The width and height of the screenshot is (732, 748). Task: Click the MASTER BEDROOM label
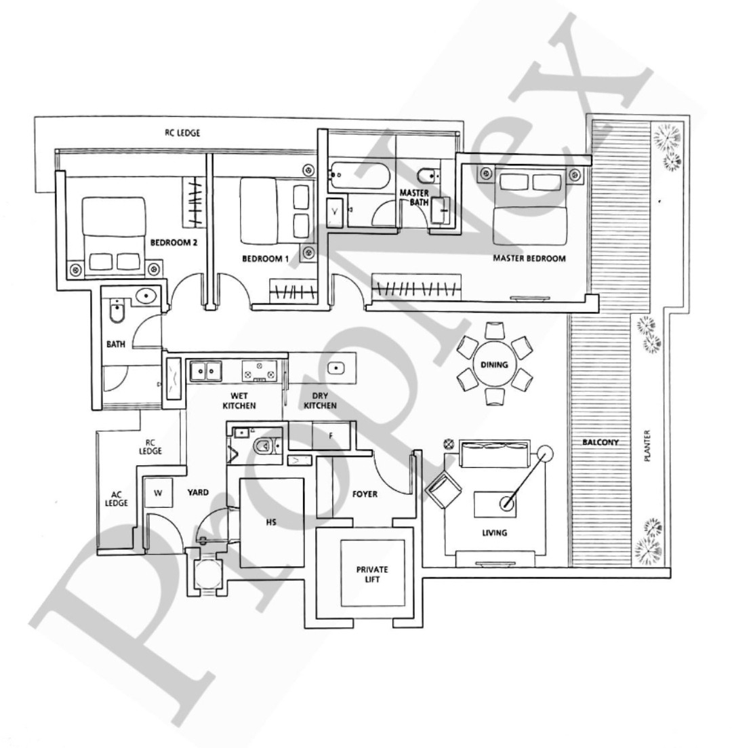coord(529,258)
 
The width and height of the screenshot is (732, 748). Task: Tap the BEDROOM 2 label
coord(174,242)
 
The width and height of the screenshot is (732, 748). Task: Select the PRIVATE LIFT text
coord(372,574)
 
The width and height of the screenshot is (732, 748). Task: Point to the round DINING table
coord(494,364)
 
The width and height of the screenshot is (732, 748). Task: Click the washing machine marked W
coord(158,493)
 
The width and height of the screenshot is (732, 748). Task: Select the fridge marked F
coord(331,435)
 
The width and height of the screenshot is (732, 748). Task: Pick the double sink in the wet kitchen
coord(206,371)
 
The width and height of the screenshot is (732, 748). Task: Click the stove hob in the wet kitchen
coord(259,371)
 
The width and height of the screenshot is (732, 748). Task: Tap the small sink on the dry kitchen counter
coord(336,368)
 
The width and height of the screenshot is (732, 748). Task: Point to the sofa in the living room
coord(495,453)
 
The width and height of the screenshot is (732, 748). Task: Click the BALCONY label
coord(601,442)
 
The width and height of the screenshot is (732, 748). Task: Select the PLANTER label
coord(647,446)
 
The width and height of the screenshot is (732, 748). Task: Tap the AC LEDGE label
coord(117,499)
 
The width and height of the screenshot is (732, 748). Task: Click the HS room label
coord(271,522)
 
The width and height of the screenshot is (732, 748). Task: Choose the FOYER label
coord(365,494)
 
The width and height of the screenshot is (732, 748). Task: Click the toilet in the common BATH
coord(117,311)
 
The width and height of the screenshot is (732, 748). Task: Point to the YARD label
coord(198,492)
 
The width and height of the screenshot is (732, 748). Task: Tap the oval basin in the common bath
coord(146,296)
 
